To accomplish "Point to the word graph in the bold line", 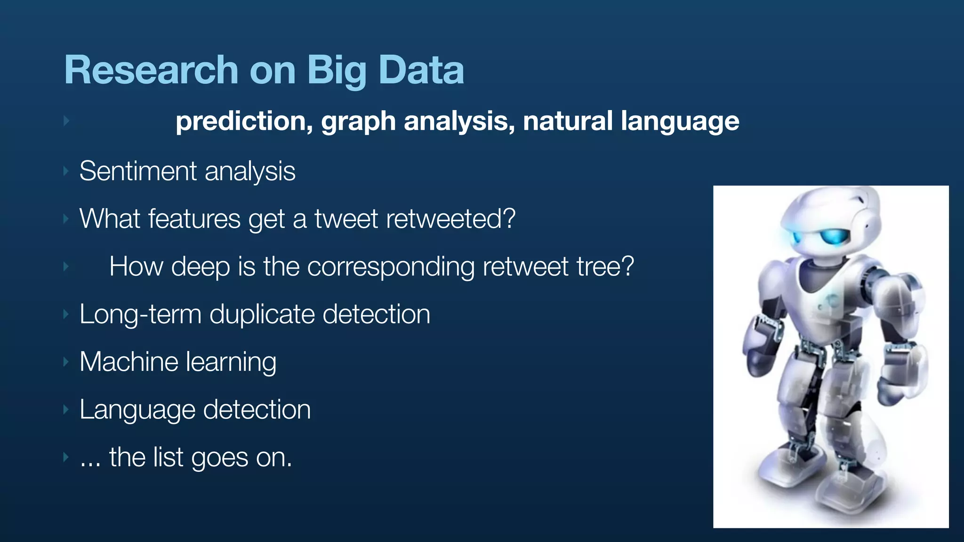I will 358,122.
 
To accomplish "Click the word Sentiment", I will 137,171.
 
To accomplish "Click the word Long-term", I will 140,314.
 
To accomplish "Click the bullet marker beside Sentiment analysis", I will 66,171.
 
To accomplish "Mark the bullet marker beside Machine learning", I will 66,362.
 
